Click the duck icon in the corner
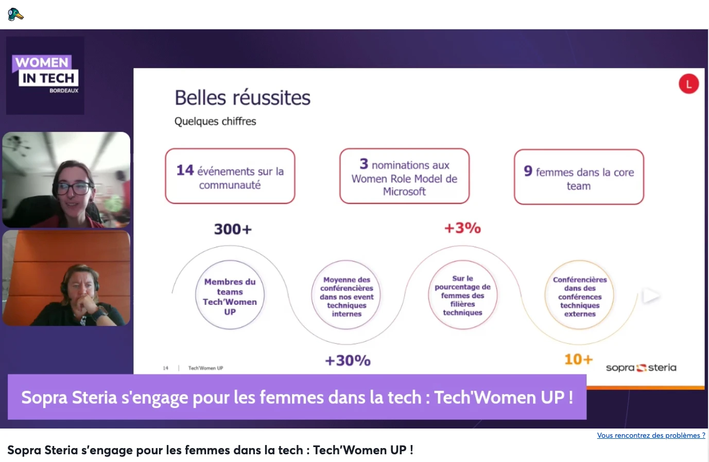[x=15, y=14]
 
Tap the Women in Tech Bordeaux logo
[x=45, y=75]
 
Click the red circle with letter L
[x=688, y=84]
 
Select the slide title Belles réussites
[x=243, y=97]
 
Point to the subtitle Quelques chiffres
[x=215, y=121]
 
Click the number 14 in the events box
[x=185, y=170]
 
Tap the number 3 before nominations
[x=364, y=164]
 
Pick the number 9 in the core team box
[x=528, y=171]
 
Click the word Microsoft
[x=404, y=192]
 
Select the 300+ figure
[x=233, y=229]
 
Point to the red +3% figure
[x=463, y=228]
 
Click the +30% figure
[x=348, y=361]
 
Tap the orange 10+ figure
[x=579, y=360]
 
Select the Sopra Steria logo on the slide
[x=641, y=368]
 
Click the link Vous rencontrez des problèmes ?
[x=651, y=435]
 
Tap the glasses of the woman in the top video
[x=74, y=189]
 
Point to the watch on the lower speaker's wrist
[x=100, y=314]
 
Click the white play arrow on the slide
[x=650, y=296]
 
